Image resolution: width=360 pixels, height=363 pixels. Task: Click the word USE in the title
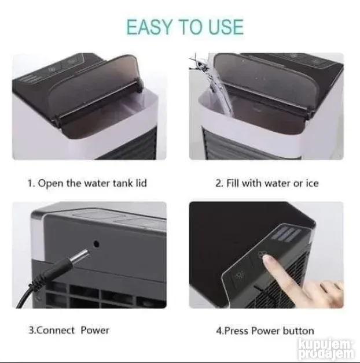coord(226,27)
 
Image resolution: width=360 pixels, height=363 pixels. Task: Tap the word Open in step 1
coord(50,184)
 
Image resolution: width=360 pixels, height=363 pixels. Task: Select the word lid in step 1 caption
coord(141,183)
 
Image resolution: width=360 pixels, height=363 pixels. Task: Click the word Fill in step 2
coord(233,183)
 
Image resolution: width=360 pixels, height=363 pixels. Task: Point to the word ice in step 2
coord(312,183)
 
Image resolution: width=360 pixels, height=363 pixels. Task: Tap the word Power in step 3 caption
coord(95,330)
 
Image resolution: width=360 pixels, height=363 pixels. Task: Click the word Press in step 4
coord(237,331)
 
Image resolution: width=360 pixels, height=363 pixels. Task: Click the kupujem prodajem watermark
coord(327,350)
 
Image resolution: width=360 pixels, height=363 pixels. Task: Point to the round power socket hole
coord(97,244)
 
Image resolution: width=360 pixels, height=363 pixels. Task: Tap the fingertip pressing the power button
coord(269,260)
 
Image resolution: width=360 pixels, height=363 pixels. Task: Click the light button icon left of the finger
coord(239,275)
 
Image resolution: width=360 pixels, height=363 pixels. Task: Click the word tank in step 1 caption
coord(122,183)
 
